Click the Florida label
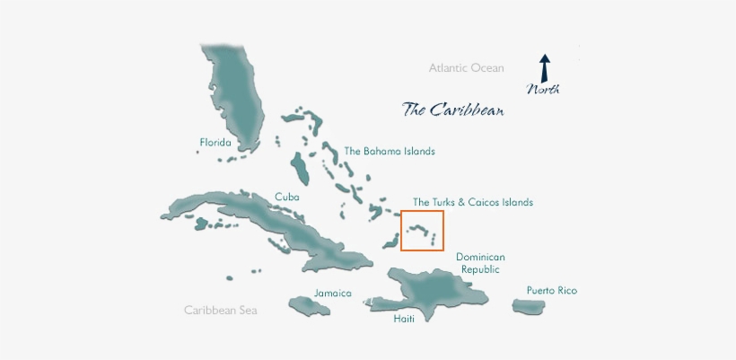coord(215,143)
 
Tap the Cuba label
coord(286,197)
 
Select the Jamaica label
coord(332,294)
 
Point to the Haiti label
coord(405,319)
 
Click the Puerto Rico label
coord(551,290)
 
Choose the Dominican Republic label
coord(480,262)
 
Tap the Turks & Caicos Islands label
coord(472,202)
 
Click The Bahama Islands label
coord(390,152)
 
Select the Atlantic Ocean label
coord(466,67)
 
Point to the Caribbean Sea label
coord(221,310)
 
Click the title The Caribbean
coord(452,110)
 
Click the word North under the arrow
coord(543,89)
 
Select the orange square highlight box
coord(422,231)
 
